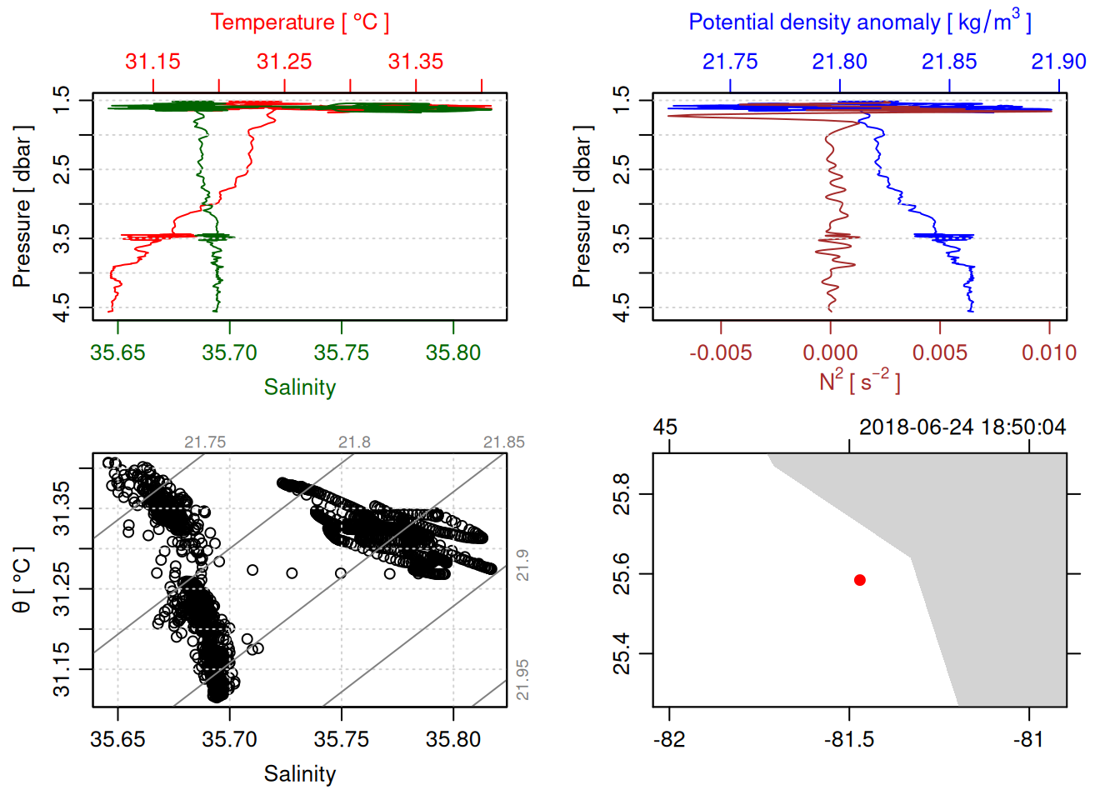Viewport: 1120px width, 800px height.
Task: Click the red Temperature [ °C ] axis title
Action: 299,22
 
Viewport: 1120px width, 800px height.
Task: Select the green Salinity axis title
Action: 299,387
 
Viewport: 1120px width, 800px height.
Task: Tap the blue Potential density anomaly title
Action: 859,22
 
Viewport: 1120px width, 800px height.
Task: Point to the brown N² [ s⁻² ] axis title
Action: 859,381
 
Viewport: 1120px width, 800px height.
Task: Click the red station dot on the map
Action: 859,580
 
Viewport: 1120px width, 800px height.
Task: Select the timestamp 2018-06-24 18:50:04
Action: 962,427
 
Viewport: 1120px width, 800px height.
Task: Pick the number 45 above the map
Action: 665,427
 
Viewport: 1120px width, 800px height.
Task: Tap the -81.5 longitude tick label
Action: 849,740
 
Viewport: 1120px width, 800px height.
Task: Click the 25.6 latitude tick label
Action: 622,574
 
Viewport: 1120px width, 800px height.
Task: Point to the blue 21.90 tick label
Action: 1058,62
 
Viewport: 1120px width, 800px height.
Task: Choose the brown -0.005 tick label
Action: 720,353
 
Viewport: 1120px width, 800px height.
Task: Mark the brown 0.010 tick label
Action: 1049,353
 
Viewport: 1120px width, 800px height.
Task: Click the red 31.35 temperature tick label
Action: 416,62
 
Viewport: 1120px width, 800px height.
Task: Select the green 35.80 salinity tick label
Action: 452,353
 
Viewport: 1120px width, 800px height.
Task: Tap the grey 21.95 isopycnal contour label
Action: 522,680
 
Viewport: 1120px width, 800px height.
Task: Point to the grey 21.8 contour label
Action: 354,442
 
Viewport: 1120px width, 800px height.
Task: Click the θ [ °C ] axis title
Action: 22,580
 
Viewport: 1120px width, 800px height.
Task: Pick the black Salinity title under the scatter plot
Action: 299,774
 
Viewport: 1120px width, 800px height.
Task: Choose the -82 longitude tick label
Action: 669,740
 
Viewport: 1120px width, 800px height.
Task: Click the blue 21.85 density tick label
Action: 949,62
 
